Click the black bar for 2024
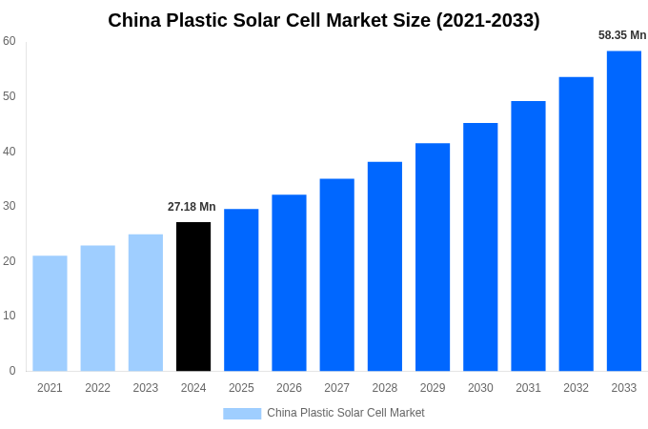[x=193, y=296]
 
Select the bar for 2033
[x=623, y=211]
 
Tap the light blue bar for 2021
[x=50, y=313]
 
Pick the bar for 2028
[x=384, y=266]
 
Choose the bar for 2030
[x=480, y=247]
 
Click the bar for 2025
[x=241, y=290]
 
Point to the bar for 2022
[x=97, y=308]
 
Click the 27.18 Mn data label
[x=192, y=207]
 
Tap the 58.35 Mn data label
[x=622, y=35]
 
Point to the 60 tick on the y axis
[x=10, y=41]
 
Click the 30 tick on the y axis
[x=10, y=206]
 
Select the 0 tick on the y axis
[x=12, y=371]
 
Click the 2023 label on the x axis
[x=146, y=388]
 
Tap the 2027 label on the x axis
[x=336, y=388]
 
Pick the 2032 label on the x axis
[x=576, y=388]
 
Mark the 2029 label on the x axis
[x=433, y=388]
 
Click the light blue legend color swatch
[x=242, y=414]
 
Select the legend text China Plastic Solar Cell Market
[x=346, y=413]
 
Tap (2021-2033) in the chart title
[x=488, y=20]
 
